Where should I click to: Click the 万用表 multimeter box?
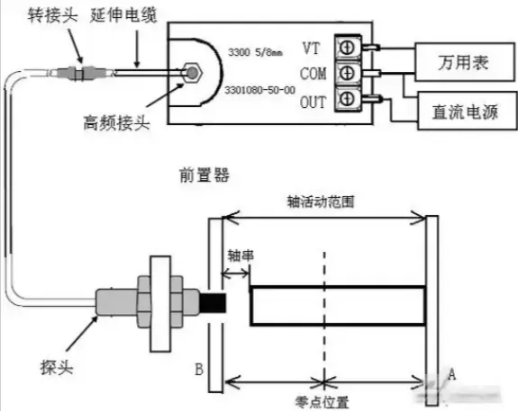click(x=465, y=62)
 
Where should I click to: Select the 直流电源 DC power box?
click(x=468, y=111)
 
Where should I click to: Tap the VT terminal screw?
click(x=347, y=48)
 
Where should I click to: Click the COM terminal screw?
click(x=347, y=73)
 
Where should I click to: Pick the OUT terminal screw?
click(x=347, y=98)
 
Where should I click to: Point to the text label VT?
click(x=311, y=49)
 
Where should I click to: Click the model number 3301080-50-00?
click(x=259, y=90)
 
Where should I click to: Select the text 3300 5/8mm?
click(x=255, y=52)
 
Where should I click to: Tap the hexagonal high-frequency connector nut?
click(x=192, y=73)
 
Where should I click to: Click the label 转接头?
click(x=52, y=15)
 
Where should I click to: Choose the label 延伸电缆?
click(x=123, y=15)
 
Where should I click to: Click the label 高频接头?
click(x=116, y=122)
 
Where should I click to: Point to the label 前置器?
click(x=204, y=174)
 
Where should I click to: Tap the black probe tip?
click(x=214, y=303)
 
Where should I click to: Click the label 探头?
click(x=57, y=367)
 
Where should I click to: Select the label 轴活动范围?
click(x=321, y=201)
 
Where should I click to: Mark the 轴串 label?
click(x=241, y=255)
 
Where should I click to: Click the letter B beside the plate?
click(x=199, y=370)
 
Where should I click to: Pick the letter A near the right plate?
click(x=451, y=374)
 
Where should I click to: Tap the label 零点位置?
click(x=323, y=402)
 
